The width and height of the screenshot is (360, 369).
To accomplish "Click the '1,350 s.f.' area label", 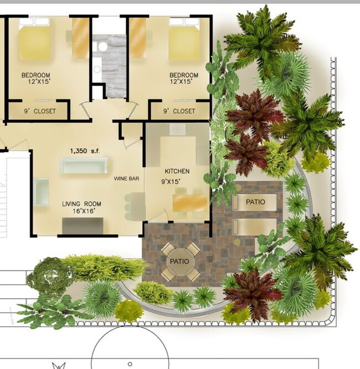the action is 85,151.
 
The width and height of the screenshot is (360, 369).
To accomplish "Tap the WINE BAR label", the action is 126,179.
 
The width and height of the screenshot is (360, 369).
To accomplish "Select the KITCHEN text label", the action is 177,171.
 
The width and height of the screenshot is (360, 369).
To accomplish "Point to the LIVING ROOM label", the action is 81,204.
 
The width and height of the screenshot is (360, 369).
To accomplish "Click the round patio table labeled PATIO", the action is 181,262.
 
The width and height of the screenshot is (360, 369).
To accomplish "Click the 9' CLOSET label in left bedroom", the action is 40,111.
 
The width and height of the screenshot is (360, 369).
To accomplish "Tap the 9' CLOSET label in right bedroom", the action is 179,111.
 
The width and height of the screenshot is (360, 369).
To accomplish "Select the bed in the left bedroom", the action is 34,39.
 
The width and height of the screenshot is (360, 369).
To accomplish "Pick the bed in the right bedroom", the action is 184,39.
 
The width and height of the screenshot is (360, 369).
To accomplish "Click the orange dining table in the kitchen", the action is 190,203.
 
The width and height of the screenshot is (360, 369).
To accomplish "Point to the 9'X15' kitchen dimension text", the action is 171,181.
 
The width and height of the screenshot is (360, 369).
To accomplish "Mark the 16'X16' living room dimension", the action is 84,211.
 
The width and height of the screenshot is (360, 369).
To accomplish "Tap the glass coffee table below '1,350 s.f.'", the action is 84,165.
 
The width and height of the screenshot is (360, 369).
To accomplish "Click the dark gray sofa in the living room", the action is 83,226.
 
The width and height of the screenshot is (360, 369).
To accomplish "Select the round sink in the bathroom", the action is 102,46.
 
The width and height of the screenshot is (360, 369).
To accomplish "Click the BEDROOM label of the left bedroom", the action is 36,75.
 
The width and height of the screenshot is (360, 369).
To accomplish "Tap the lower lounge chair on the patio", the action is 254,227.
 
